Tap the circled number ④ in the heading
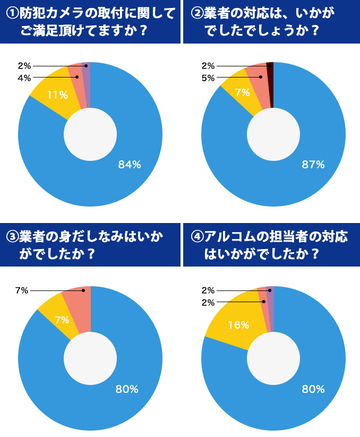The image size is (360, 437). click(x=195, y=237)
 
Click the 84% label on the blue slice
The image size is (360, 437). click(x=129, y=165)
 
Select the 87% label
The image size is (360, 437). click(x=313, y=165)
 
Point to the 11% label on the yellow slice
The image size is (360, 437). click(x=57, y=95)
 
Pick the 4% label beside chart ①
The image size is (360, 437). click(x=24, y=78)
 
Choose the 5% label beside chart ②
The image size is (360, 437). click(x=208, y=78)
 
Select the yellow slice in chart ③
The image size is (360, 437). click(x=57, y=318)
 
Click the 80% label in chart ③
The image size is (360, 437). click(x=127, y=389)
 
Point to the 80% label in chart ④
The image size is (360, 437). click(x=313, y=389)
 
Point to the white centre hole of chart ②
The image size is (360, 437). click(x=273, y=134)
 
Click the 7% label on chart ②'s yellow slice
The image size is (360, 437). click(x=242, y=93)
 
